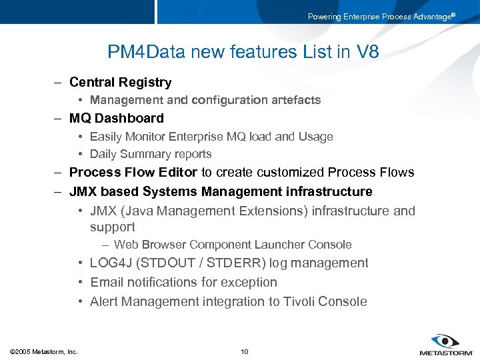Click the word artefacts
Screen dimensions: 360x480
point(293,100)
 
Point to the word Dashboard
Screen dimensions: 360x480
point(131,119)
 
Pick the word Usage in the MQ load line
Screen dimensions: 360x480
point(315,137)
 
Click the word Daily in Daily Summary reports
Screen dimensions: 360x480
point(104,154)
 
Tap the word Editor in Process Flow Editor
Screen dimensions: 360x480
point(177,173)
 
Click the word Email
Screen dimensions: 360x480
point(107,283)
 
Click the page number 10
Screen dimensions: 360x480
point(244,351)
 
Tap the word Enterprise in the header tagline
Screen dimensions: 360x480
point(362,17)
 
